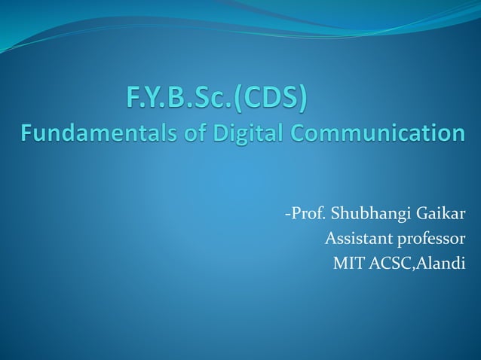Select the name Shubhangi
pos(365,218)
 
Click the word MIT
pos(346,263)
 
